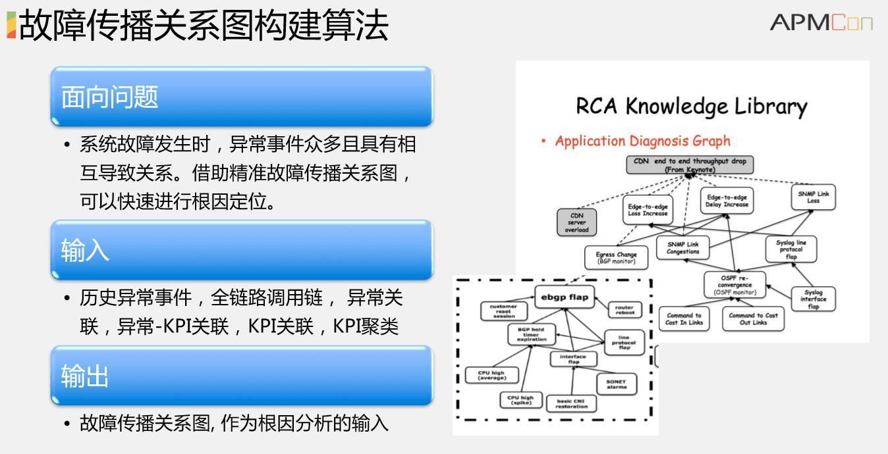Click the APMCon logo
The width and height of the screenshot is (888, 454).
coord(821,22)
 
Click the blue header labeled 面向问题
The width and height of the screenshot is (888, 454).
coord(241,97)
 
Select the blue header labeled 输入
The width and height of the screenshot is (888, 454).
coord(241,250)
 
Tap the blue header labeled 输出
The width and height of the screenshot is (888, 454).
coord(241,376)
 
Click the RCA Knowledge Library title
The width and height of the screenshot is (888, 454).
coord(691,106)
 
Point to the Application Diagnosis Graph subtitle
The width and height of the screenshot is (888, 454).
coord(642,141)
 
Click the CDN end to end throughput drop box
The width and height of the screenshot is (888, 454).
coord(690,164)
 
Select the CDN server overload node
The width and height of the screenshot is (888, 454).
coord(576,222)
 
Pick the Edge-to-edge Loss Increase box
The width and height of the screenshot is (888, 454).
coord(648,210)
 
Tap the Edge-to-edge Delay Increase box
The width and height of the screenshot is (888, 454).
coord(727,200)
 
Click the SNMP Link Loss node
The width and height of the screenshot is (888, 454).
coord(814,197)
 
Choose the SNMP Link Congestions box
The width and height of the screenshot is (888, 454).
coord(682,247)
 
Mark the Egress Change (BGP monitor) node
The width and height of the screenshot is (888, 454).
coord(616,257)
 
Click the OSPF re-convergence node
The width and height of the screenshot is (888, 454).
coord(735,284)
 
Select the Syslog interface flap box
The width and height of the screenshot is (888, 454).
coord(814,299)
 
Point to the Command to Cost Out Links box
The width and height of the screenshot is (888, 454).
coord(753,319)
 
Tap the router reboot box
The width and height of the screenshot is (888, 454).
coord(624,311)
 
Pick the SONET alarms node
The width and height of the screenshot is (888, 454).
coord(617,384)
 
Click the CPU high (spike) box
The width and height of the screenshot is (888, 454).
coord(520,400)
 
